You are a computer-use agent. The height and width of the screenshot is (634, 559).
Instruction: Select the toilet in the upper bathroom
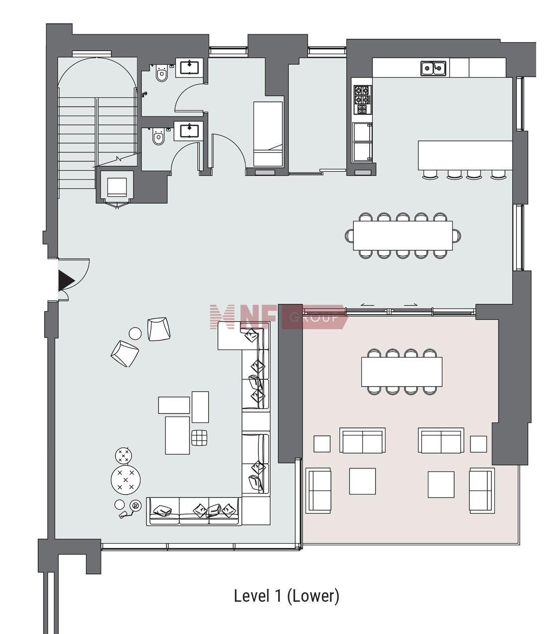click(161, 73)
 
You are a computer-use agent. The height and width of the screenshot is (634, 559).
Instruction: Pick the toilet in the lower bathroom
click(159, 137)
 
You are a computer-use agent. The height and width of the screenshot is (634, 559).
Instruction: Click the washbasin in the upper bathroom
click(189, 68)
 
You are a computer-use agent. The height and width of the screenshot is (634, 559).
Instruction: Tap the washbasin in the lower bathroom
click(189, 130)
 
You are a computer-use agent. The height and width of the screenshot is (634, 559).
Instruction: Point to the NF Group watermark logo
click(279, 317)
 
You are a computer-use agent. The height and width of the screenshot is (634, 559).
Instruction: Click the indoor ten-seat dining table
click(403, 236)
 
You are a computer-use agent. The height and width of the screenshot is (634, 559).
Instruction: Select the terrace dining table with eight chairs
click(402, 372)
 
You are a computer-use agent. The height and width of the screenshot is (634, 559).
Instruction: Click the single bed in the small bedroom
click(268, 134)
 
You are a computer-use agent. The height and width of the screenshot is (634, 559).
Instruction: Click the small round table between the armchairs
click(135, 333)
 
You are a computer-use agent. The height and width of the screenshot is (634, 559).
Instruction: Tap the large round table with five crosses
click(126, 480)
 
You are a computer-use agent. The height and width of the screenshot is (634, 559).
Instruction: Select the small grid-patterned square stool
click(199, 437)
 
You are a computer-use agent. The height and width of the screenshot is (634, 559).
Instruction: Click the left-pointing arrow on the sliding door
click(367, 305)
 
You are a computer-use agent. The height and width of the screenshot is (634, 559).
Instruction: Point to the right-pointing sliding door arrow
click(411, 304)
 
